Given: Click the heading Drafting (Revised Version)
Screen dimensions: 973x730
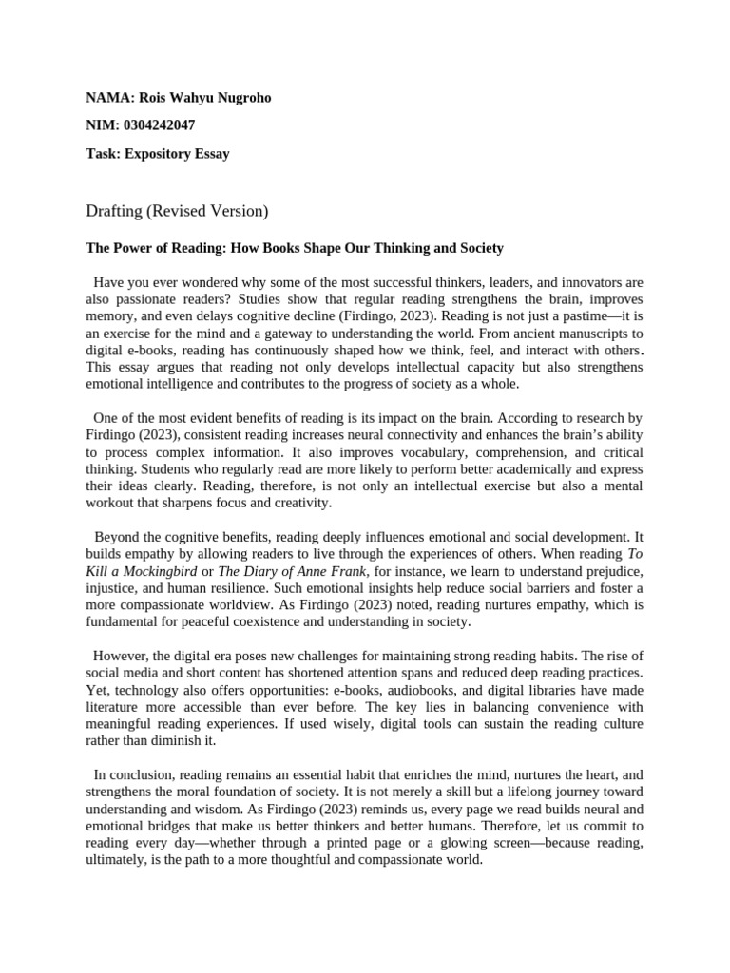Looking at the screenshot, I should point(178,209).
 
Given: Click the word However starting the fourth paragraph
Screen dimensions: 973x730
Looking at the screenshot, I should point(123,656).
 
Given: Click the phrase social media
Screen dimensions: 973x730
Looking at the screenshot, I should point(126,673).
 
